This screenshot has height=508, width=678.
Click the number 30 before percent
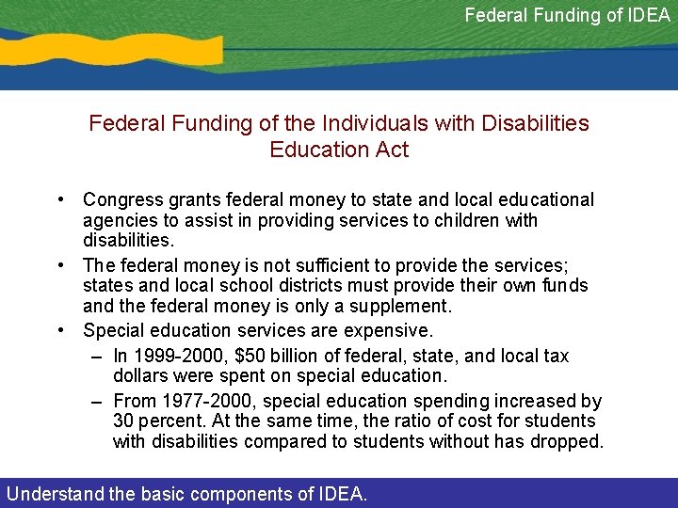point(123,421)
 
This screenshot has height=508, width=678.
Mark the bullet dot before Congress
point(59,199)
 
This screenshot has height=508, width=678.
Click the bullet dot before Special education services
point(59,330)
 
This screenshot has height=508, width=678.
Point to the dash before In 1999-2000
point(97,357)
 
